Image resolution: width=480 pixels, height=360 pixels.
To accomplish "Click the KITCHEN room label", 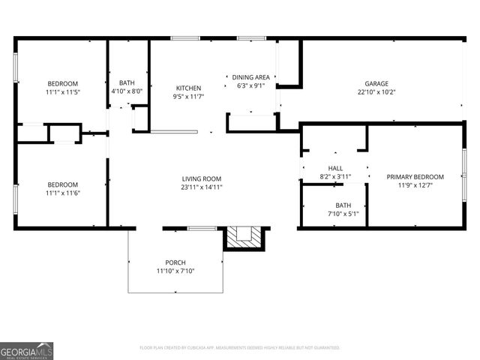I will click(188, 88).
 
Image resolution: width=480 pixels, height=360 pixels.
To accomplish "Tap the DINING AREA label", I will click(250, 77).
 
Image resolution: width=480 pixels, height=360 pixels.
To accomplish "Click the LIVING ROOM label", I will click(202, 178).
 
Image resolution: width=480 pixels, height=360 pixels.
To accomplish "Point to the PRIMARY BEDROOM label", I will click(415, 177).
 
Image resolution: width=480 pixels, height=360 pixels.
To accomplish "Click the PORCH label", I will click(175, 262).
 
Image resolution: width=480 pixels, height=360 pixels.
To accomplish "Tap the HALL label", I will click(335, 168).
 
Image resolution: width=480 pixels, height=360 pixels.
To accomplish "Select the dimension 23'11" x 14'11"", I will click(202, 187).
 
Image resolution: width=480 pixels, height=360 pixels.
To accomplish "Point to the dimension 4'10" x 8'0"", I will click(127, 91).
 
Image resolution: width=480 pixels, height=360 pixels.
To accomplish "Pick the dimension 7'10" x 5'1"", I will click(343, 214).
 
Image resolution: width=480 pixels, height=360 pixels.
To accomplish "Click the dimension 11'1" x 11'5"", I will click(63, 92).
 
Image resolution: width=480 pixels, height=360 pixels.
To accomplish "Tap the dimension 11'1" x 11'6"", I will click(63, 193).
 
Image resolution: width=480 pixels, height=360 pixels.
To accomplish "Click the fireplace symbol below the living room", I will click(244, 237).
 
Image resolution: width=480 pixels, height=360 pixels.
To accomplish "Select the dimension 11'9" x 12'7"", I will click(415, 186).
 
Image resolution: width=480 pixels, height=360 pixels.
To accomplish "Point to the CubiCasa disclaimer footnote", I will click(240, 348).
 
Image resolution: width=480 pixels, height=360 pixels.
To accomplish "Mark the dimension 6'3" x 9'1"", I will click(250, 85).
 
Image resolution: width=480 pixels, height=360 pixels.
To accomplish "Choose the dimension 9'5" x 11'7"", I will click(188, 97).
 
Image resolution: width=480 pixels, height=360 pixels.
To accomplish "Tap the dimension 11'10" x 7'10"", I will click(175, 271).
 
